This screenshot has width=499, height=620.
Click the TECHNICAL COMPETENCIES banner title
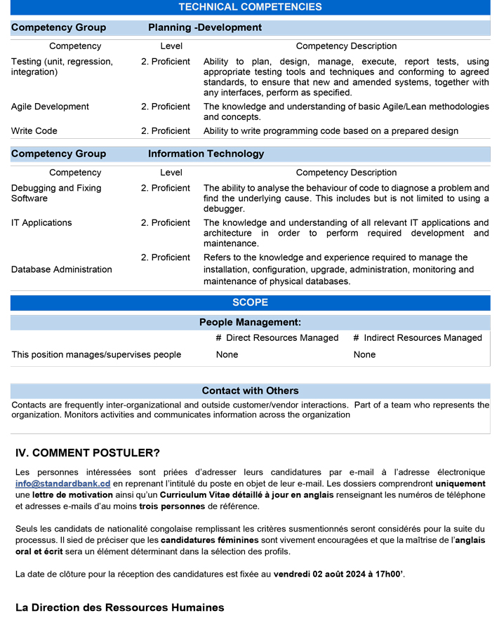(x=250, y=7)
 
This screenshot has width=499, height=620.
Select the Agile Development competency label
(x=50, y=107)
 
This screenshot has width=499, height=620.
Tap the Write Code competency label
(x=34, y=131)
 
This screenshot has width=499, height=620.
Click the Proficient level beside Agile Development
(x=166, y=107)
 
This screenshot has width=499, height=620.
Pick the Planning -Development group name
(x=205, y=28)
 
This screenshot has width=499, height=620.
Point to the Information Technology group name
(x=206, y=154)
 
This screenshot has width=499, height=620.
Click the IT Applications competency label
(x=41, y=223)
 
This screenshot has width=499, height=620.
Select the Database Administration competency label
(x=62, y=269)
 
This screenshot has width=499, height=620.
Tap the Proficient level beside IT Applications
(x=166, y=223)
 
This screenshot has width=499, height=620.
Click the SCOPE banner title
(x=250, y=303)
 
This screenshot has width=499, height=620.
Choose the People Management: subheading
(x=250, y=323)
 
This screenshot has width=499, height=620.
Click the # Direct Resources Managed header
(x=277, y=338)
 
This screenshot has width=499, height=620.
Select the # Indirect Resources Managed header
(x=418, y=338)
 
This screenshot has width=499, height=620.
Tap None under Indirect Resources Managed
(x=364, y=355)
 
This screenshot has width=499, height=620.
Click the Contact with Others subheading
(x=250, y=391)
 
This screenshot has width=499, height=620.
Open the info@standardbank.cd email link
(x=62, y=484)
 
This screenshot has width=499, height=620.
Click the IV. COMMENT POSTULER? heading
(x=88, y=453)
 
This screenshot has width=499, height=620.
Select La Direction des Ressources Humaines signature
(x=120, y=607)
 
